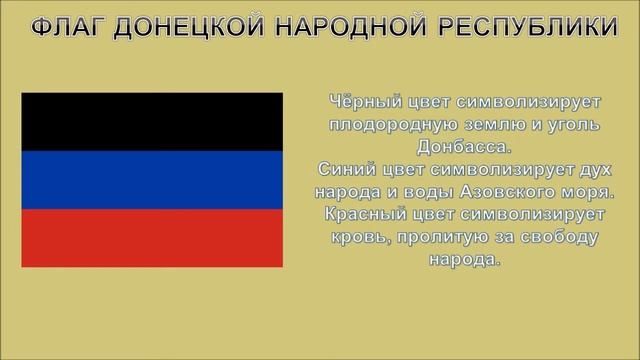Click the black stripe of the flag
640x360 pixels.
click(152, 121)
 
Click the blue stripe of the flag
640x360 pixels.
click(152, 179)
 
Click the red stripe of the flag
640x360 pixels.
click(152, 237)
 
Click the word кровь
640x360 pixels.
click(359, 236)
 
